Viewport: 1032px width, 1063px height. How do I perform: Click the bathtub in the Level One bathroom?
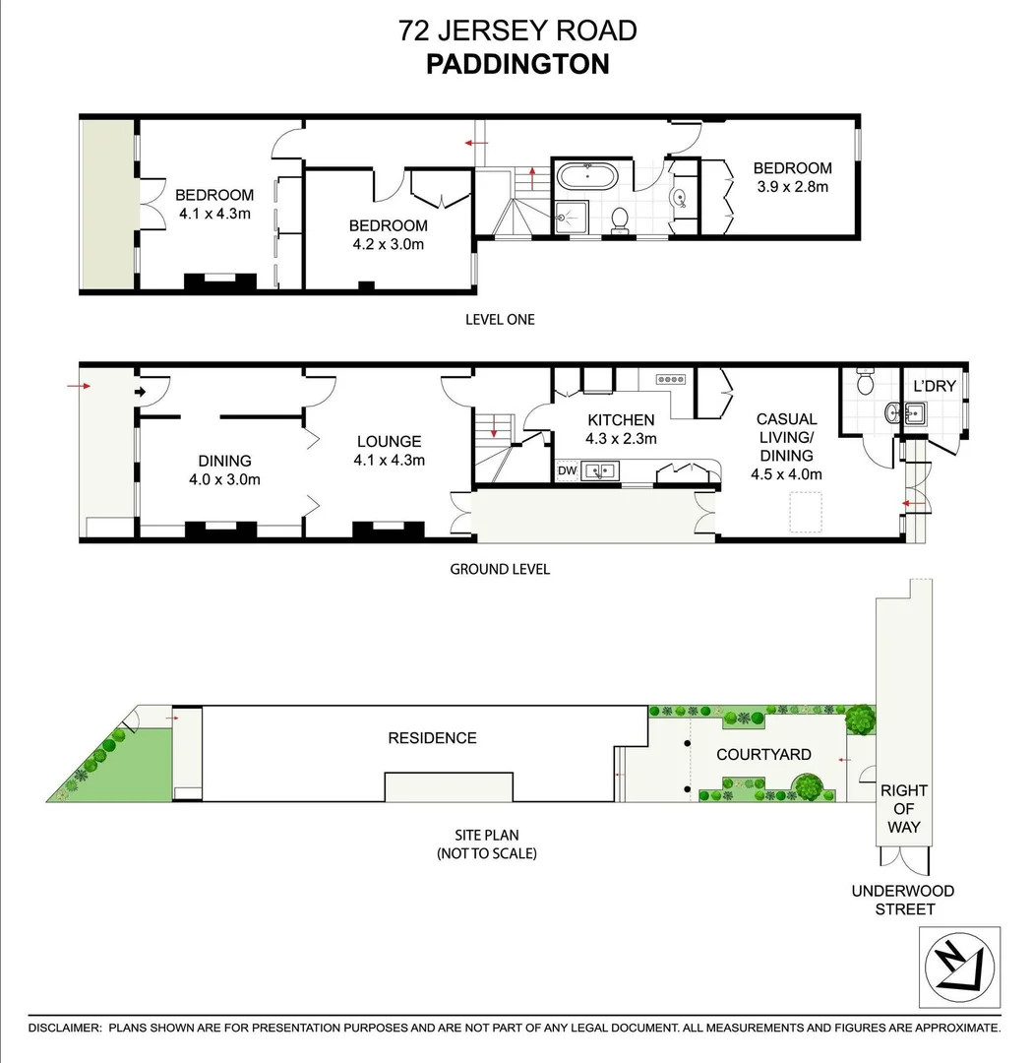coord(587,178)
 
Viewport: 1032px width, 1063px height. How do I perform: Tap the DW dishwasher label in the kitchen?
coord(568,471)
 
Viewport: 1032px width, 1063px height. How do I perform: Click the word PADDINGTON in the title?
coord(517,64)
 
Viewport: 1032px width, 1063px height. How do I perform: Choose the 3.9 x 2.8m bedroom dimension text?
coord(792,186)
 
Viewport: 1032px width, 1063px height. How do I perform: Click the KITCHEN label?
coord(621,420)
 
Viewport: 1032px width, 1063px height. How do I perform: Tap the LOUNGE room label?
coord(389,442)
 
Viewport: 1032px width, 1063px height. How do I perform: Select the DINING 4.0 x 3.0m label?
coord(224,469)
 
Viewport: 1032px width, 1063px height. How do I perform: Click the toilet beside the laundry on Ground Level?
coord(865,379)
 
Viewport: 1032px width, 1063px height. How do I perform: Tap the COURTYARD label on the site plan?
coord(763,754)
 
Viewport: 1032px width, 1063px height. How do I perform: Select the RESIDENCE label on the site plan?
coord(432,737)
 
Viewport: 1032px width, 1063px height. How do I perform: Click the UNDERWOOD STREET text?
coord(903,900)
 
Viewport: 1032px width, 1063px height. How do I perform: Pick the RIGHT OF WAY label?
coord(903,808)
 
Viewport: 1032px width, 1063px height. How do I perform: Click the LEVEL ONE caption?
coord(500,319)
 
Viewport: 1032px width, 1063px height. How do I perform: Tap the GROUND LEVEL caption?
coord(500,569)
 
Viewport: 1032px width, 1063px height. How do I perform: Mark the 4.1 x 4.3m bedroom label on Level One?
coord(214,204)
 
